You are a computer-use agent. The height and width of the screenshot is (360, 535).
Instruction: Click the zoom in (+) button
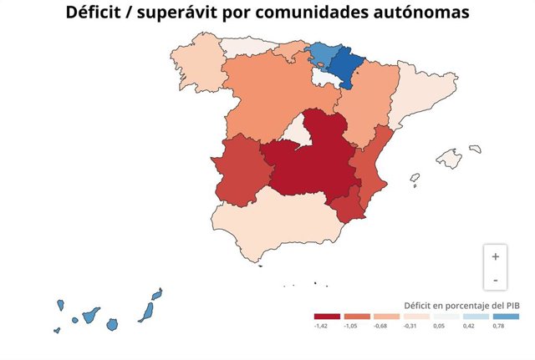495,256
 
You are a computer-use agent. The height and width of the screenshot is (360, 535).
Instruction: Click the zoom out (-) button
495,279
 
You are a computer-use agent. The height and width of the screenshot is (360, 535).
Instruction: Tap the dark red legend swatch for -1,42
327,317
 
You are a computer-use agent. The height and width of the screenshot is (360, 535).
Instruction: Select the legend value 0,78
499,326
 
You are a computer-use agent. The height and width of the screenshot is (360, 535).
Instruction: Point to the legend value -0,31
410,326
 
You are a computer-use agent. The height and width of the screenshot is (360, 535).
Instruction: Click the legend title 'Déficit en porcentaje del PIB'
461,305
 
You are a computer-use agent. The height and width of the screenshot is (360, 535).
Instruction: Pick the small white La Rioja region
324,77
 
